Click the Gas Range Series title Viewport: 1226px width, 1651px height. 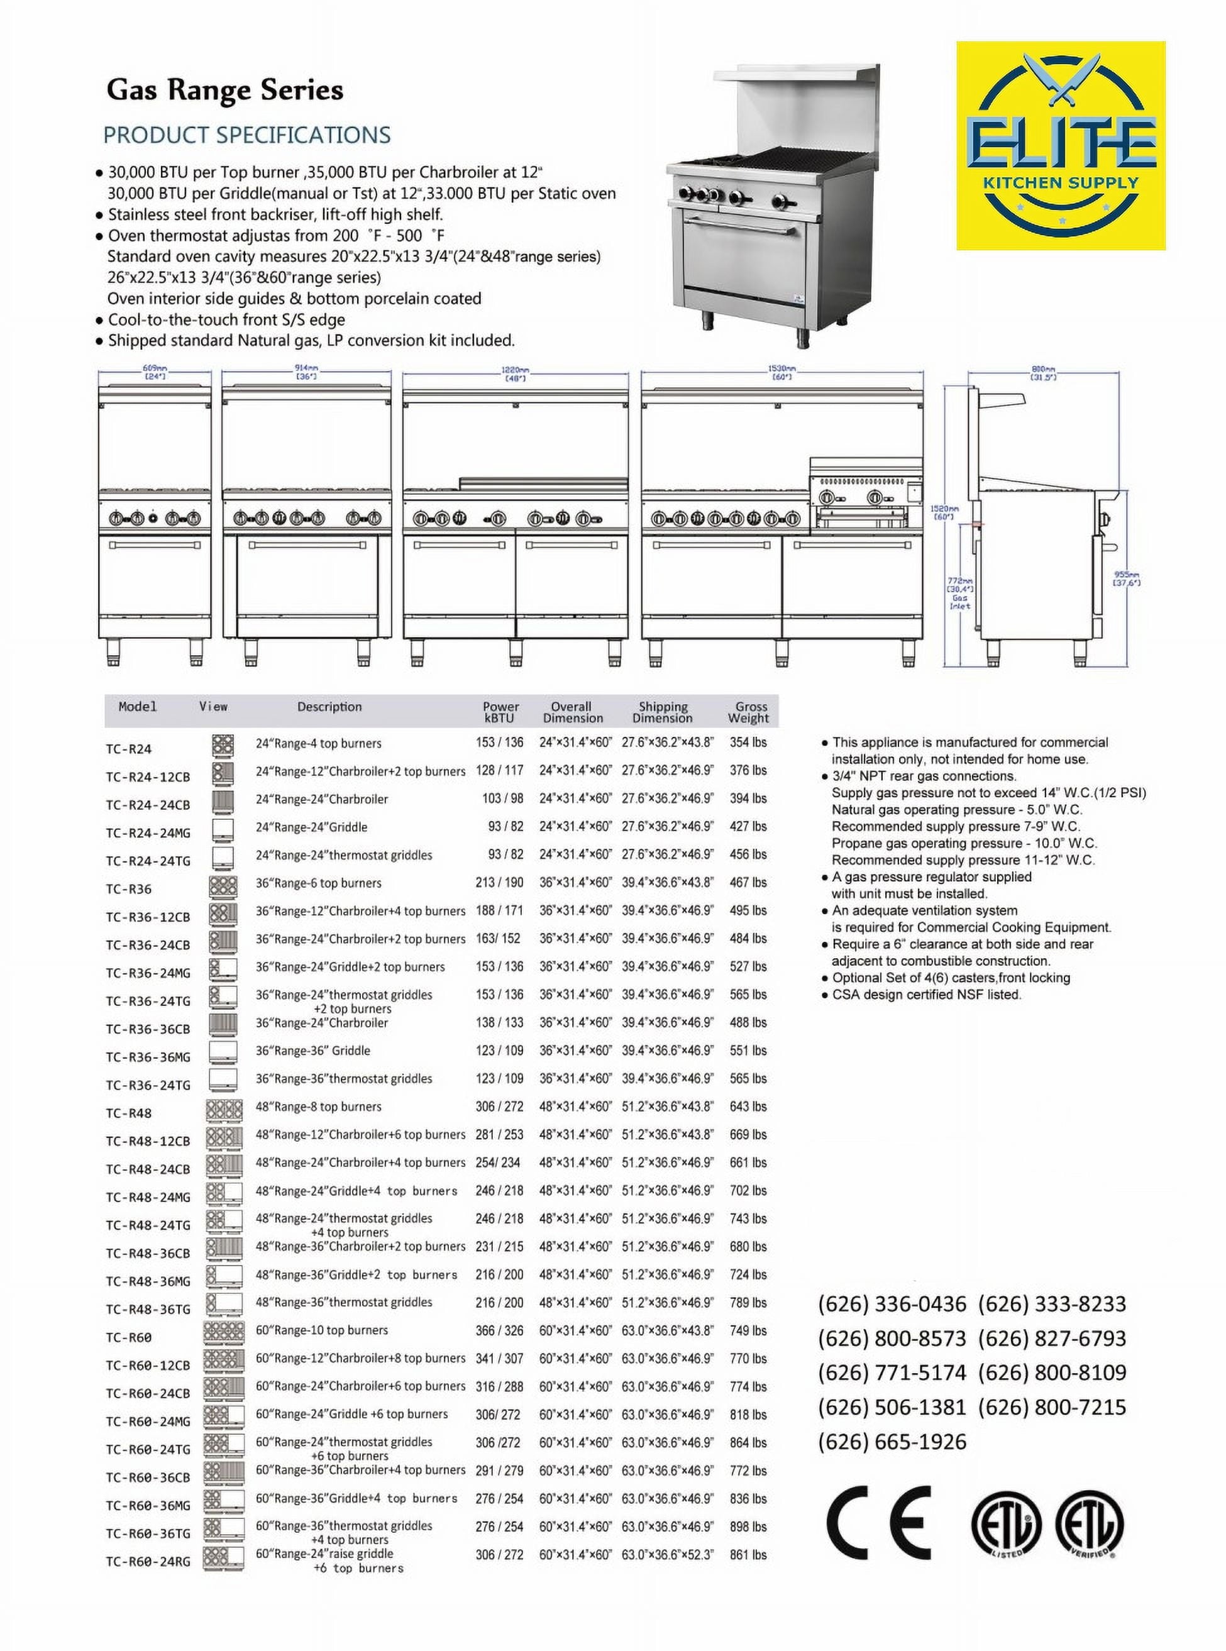pyautogui.click(x=225, y=91)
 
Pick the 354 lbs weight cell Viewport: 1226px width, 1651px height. pyautogui.click(x=748, y=743)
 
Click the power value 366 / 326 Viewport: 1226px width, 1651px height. pyautogui.click(x=499, y=1331)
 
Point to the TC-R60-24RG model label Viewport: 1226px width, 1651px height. pyautogui.click(x=148, y=1561)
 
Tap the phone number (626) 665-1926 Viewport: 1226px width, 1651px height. pyautogui.click(x=892, y=1442)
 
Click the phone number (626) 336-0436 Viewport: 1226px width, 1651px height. pyautogui.click(x=892, y=1304)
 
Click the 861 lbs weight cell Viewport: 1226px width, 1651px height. pyautogui.click(x=748, y=1555)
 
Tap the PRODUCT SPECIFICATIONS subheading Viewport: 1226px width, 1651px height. pyautogui.click(x=246, y=135)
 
